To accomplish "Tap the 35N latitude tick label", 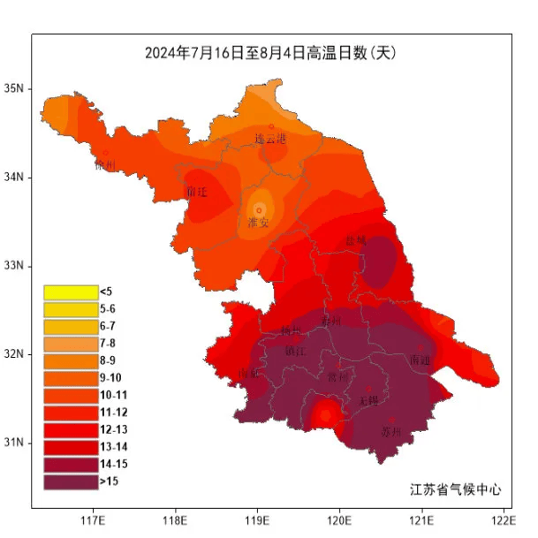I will click(15, 88).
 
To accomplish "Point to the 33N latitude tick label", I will click(15, 265).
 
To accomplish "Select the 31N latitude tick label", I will click(15, 442).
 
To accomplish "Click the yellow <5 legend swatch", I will click(70, 292).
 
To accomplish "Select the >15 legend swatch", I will click(70, 481).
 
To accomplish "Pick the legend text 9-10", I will click(111, 378).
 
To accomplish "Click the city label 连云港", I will click(270, 139).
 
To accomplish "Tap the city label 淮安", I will click(259, 223).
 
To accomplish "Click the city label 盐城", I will click(355, 239).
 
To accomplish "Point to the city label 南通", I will click(421, 360).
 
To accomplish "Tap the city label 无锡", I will click(368, 399).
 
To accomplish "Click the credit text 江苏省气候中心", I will click(455, 489).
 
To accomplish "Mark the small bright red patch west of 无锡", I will click(326, 413).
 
